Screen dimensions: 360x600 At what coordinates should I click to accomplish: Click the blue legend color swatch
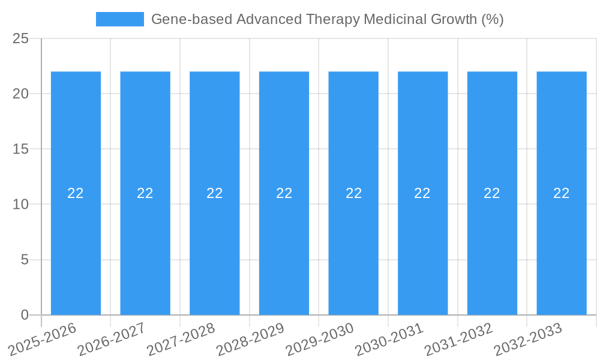[x=120, y=19]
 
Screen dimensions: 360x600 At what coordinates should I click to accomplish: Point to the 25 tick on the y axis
[x=20, y=39]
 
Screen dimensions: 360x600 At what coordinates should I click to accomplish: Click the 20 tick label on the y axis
[x=20, y=94]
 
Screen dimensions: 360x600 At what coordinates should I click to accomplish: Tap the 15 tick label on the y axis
[x=20, y=149]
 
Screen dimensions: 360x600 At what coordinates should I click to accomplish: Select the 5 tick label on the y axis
[x=25, y=260]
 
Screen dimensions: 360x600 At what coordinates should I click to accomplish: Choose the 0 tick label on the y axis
[x=25, y=315]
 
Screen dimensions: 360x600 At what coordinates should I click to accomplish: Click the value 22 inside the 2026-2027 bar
[x=145, y=193]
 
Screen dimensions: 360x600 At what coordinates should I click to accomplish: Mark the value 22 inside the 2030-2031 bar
[x=422, y=193]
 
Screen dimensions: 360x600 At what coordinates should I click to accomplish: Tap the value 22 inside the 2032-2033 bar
[x=562, y=193]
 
